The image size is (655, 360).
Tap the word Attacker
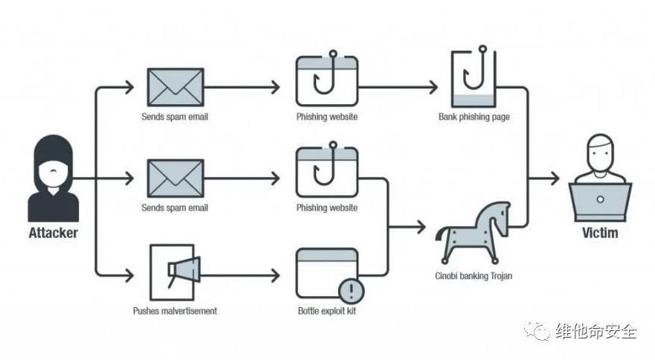pos(53,233)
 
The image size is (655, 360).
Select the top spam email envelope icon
pos(175,87)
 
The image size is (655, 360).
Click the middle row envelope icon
pos(175,179)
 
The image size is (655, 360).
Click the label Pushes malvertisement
pos(175,310)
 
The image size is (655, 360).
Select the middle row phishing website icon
pos(327,173)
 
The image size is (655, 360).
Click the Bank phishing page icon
pos(472,80)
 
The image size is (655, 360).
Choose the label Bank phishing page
pos(474,117)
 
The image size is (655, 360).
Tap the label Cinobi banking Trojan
pos(474,276)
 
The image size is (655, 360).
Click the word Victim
pos(600,233)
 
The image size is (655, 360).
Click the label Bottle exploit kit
pos(326,310)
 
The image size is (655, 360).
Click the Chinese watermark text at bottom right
pos(595,332)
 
